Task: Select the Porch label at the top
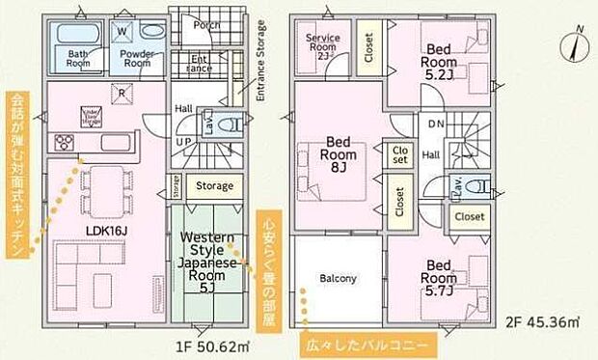coord(205,25)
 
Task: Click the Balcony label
coord(339,279)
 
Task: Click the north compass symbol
coord(577,44)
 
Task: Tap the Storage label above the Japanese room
coord(214,185)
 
